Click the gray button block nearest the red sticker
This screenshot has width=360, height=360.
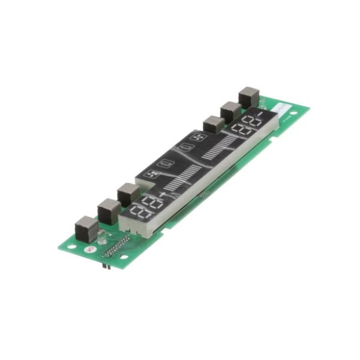pos(86,229)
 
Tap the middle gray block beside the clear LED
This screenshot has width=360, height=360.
pos(109,211)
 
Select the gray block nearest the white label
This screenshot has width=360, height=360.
pos(248,97)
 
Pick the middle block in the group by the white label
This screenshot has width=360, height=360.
pos(230,112)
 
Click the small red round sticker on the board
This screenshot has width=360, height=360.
pos(90,247)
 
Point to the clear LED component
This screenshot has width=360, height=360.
pos(101,238)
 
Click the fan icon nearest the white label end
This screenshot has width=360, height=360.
pos(197,137)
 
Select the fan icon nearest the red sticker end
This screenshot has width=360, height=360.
pos(152,175)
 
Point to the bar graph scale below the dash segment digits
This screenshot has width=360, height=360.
pos(220,146)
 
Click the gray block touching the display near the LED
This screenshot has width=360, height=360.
pos(128,195)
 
